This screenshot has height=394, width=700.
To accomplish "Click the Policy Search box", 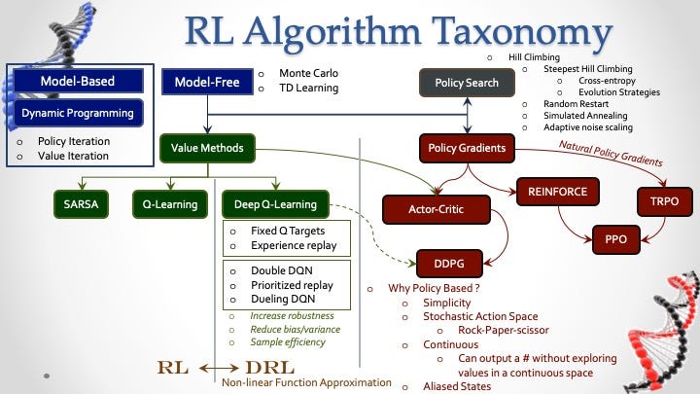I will tap(466, 83).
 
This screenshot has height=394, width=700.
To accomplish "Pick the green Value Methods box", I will tap(202, 149).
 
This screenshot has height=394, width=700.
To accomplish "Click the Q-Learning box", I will tap(169, 204).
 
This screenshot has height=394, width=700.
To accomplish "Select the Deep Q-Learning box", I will tap(274, 204).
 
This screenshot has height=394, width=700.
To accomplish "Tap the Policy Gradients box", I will tap(467, 149).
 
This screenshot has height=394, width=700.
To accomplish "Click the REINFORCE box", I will tap(557, 192).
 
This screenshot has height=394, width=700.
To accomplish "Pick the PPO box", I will tap(615, 238).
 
